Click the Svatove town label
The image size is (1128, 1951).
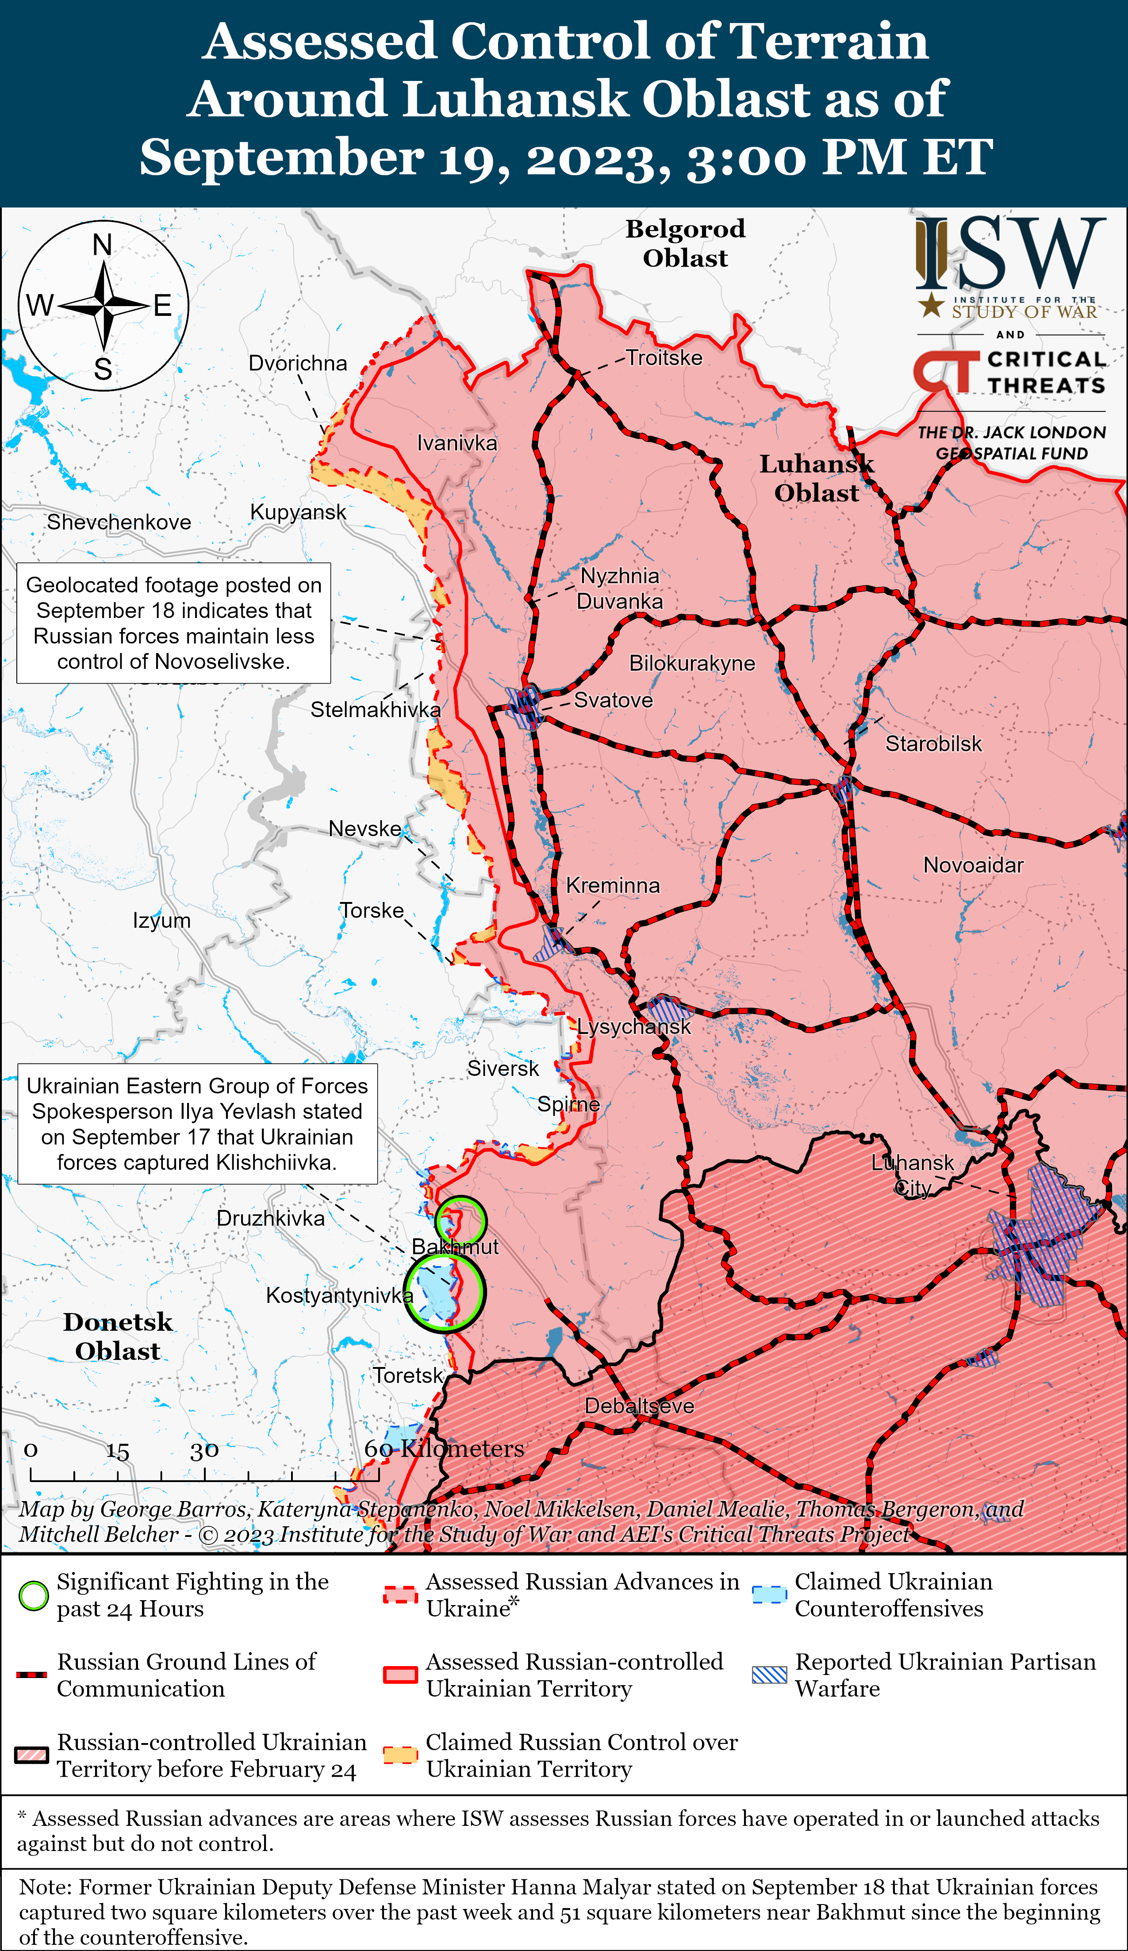click(x=613, y=701)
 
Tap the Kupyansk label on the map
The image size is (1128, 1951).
click(x=298, y=512)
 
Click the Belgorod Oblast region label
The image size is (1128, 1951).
click(x=685, y=243)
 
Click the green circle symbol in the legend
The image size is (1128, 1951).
click(x=33, y=1596)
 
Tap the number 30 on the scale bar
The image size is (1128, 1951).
click(x=204, y=1450)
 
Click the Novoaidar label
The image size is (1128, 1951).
click(x=973, y=865)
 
